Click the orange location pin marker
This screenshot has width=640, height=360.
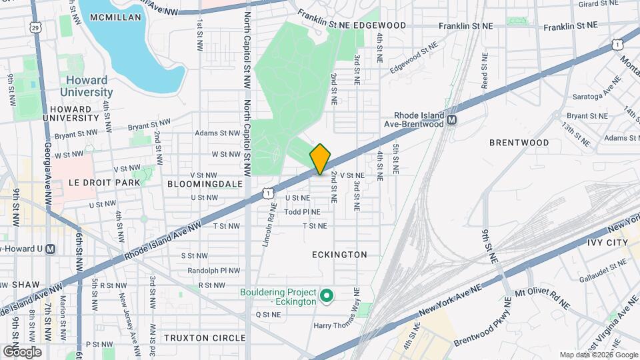click(320, 159)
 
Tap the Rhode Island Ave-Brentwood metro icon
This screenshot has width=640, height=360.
click(453, 120)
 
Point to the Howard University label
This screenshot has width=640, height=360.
click(85, 86)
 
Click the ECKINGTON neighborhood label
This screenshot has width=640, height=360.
click(339, 255)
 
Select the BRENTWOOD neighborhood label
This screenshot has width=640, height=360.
click(519, 143)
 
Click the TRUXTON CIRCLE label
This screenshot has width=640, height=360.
click(205, 338)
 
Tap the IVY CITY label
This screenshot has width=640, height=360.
click(608, 243)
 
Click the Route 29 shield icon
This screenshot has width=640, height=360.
click(35, 27)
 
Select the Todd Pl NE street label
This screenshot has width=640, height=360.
click(302, 212)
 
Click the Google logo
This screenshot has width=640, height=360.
click(22, 351)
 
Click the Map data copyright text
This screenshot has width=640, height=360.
click(598, 355)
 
